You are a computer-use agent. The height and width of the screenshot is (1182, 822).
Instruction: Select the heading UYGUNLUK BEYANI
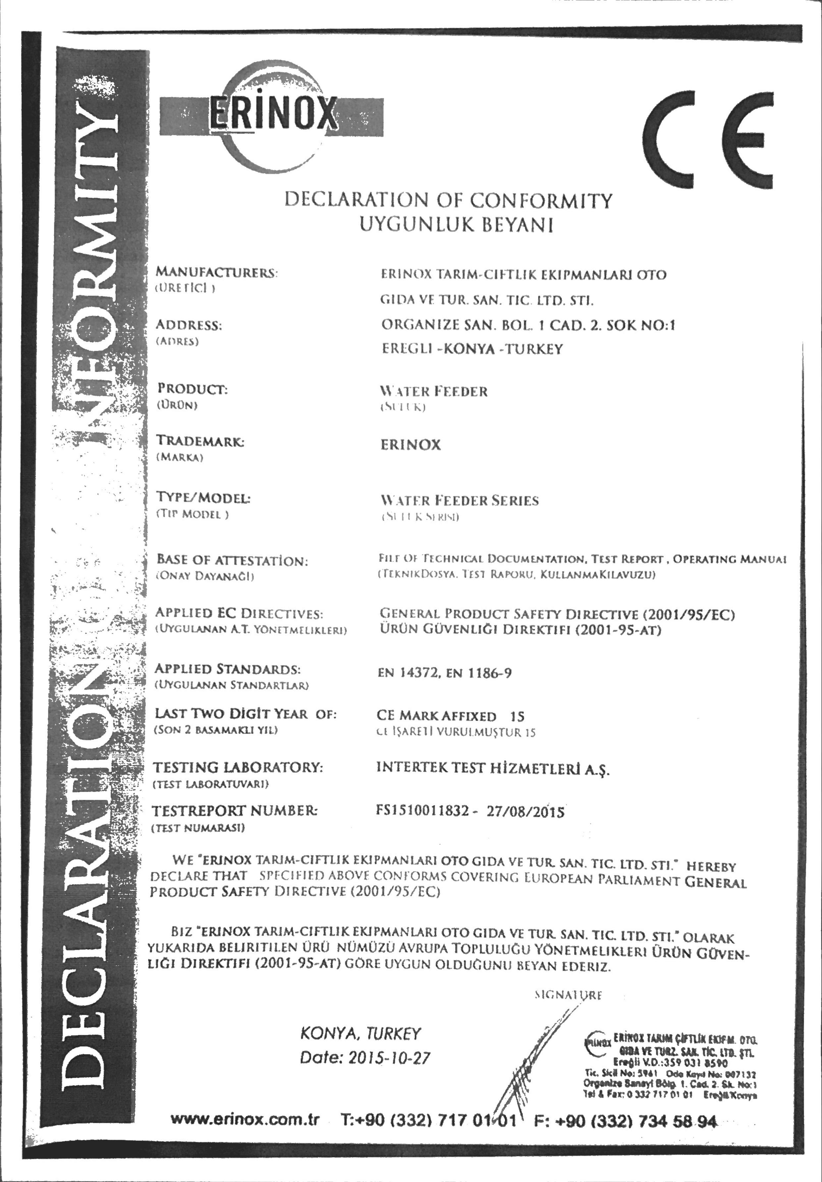click(x=456, y=225)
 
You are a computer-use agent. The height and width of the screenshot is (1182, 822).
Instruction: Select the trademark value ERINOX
click(x=411, y=445)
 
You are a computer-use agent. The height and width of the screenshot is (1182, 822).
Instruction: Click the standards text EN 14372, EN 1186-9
click(x=445, y=673)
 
